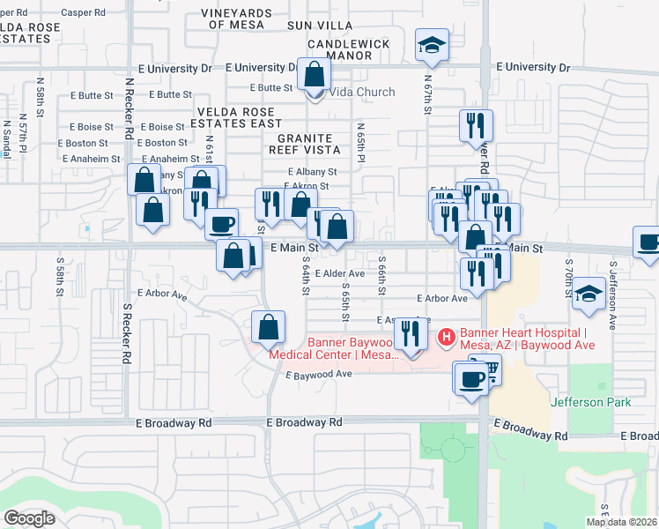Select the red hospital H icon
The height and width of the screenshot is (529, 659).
pos(447,337)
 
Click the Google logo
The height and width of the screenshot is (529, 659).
pos(29,518)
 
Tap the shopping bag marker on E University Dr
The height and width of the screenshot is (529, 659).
pos(315,74)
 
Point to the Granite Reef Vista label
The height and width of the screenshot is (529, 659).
pos(305,145)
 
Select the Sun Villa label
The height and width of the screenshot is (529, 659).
pos(323,25)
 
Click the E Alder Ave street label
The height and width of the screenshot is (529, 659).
pos(339,274)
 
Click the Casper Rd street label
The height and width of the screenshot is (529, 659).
pos(83,13)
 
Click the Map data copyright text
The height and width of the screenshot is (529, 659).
pos(621,522)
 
